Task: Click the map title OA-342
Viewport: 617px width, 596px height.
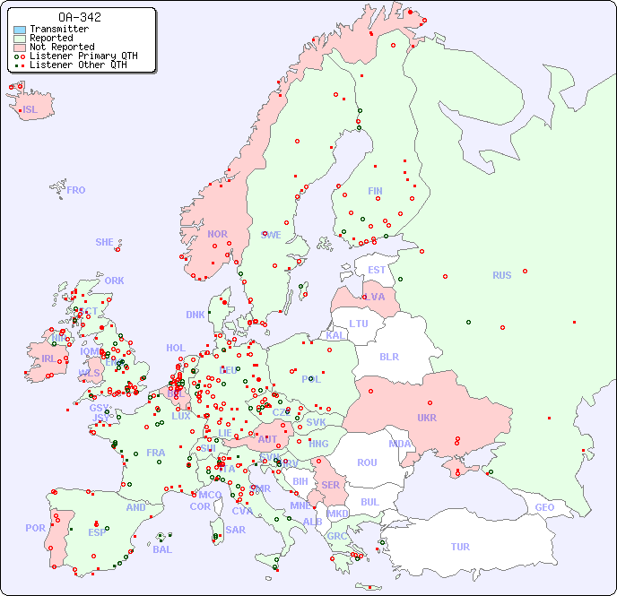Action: [x=79, y=17]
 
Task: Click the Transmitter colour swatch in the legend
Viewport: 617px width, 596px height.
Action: [x=20, y=30]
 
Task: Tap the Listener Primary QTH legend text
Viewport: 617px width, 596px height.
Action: [x=83, y=56]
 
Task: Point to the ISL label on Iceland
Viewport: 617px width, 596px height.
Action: [x=30, y=110]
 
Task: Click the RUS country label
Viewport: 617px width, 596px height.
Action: [x=501, y=275]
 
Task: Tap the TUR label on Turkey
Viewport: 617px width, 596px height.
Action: [x=459, y=547]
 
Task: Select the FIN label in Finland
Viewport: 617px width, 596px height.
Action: [x=375, y=191]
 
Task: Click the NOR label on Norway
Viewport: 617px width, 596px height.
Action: [x=217, y=234]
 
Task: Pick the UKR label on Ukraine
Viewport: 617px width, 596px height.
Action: [x=426, y=418]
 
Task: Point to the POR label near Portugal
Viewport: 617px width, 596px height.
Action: [x=35, y=528]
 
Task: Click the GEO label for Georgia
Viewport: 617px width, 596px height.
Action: [x=544, y=507]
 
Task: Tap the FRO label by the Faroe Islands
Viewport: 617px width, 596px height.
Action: [x=76, y=190]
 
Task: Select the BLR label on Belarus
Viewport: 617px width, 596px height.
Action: [x=388, y=356]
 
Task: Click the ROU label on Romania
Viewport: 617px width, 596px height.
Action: [x=367, y=462]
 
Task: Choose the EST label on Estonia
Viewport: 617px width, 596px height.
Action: [x=377, y=270]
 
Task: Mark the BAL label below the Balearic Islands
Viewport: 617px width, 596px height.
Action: [x=161, y=549]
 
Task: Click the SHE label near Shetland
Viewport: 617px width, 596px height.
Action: [x=104, y=242]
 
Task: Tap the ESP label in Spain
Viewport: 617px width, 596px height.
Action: [x=97, y=532]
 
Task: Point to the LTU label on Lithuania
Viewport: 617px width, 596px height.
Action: [x=359, y=324]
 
